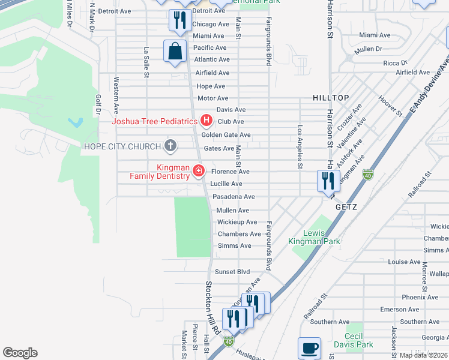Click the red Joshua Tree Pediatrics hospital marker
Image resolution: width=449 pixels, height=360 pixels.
(x=206, y=121)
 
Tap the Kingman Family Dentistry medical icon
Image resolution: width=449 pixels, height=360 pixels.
(x=197, y=172)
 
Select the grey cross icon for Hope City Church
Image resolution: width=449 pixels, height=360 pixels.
(x=170, y=146)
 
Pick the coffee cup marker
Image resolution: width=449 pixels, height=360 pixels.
(x=309, y=348)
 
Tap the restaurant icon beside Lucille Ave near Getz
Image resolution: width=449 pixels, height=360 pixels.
(x=328, y=180)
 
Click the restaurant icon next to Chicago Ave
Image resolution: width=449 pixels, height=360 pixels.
(x=179, y=20)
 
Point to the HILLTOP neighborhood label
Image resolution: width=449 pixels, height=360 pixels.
(x=330, y=97)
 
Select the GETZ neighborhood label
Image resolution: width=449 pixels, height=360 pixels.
(x=346, y=207)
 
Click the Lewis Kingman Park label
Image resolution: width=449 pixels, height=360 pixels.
(x=314, y=237)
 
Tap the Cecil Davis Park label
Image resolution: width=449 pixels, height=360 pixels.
(x=359, y=340)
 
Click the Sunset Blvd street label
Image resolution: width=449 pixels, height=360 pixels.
(x=232, y=272)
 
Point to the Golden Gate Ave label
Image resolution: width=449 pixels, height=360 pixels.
(x=230, y=135)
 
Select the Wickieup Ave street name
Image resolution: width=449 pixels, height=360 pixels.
(x=233, y=222)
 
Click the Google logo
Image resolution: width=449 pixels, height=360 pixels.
(x=20, y=353)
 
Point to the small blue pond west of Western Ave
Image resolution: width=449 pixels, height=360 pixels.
(x=76, y=123)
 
